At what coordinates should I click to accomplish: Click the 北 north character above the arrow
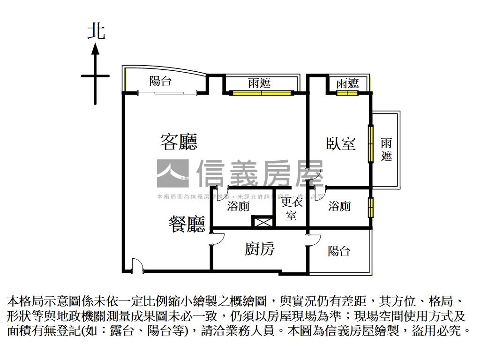pyautogui.click(x=96, y=31)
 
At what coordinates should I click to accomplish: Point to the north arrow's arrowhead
pyautogui.click(x=96, y=47)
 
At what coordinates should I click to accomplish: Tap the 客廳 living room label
pyautogui.click(x=178, y=141)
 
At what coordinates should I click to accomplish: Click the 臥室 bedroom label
pyautogui.click(x=341, y=143)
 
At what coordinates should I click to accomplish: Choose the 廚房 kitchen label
pyautogui.click(x=259, y=249)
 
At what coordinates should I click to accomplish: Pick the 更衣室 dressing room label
pyautogui.click(x=292, y=209)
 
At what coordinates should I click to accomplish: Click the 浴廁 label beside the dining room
pyautogui.click(x=238, y=206)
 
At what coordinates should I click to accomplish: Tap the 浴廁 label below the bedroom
pyautogui.click(x=339, y=206)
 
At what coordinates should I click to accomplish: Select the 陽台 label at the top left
pyautogui.click(x=160, y=81)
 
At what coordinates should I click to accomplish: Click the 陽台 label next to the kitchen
pyautogui.click(x=338, y=251)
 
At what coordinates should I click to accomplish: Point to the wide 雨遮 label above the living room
pyautogui.click(x=259, y=83)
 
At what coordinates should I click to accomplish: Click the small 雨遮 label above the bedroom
pyautogui.click(x=347, y=83)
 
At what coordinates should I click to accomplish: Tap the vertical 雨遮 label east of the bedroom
pyautogui.click(x=386, y=150)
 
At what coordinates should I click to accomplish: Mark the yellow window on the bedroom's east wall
pyautogui.click(x=371, y=143)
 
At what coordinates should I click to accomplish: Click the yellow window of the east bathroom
pyautogui.click(x=371, y=207)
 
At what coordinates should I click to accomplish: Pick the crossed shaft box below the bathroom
pyautogui.click(x=262, y=222)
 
